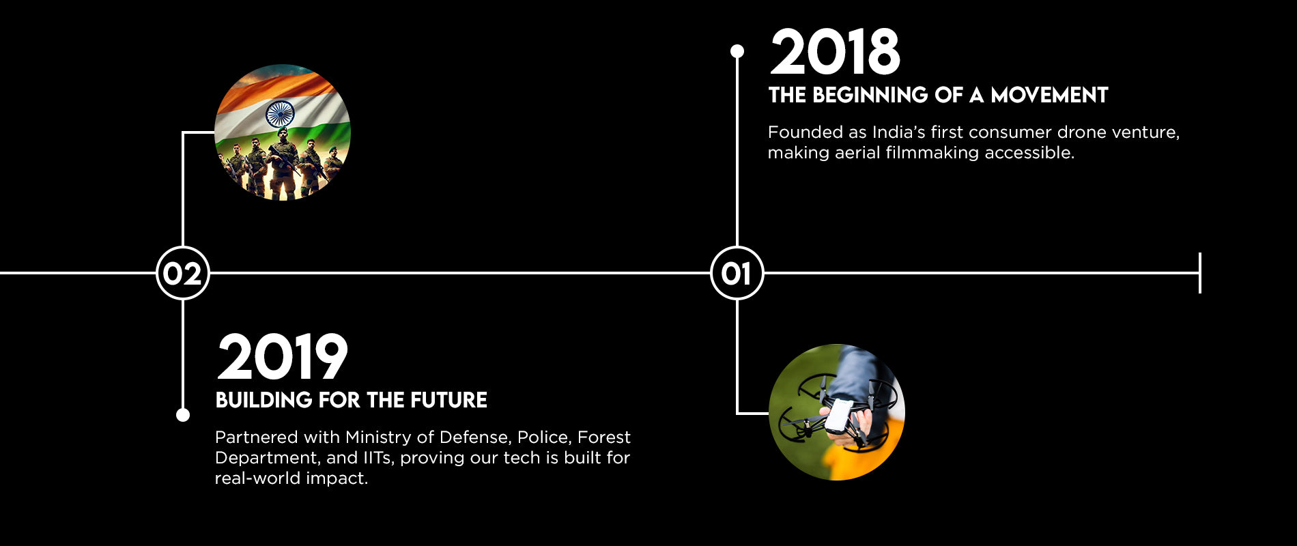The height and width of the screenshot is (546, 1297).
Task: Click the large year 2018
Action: tap(835, 52)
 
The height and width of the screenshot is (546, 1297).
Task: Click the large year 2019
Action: tap(282, 357)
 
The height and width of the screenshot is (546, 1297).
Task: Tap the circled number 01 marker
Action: tap(737, 273)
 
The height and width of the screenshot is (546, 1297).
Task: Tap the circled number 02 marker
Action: tap(183, 273)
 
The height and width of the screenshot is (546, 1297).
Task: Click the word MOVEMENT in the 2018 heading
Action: tap(1049, 95)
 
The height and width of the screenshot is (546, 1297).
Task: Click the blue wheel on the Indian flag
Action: tap(280, 113)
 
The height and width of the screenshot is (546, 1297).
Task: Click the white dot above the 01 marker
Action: tap(737, 51)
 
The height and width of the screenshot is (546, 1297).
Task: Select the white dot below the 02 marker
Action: tap(183, 415)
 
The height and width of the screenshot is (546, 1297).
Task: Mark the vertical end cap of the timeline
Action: tap(1200, 273)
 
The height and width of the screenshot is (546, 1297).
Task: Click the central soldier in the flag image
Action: tap(283, 164)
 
